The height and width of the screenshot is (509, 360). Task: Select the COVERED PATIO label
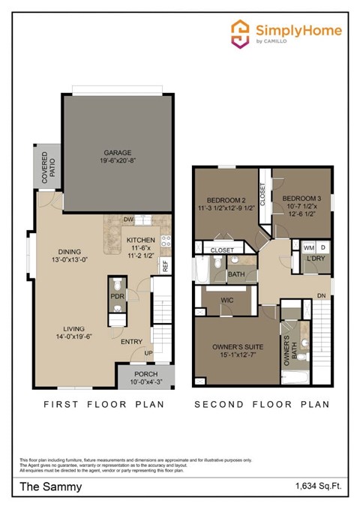point(43,169)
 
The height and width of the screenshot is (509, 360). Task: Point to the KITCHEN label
point(140,239)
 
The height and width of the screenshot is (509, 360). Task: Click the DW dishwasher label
point(128,220)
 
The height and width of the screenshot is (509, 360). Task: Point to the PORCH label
point(145,374)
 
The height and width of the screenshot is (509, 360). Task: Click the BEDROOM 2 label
point(226,200)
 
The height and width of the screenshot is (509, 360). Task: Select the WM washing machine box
point(308,247)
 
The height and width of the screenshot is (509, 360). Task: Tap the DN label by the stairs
point(321,295)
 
